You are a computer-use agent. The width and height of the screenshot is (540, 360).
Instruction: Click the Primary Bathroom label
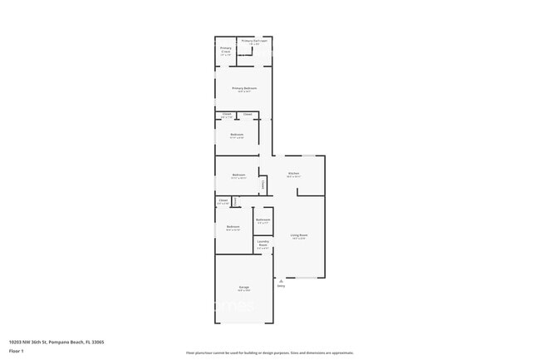tap(255, 40)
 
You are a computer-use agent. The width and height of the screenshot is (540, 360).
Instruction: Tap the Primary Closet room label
tap(226, 49)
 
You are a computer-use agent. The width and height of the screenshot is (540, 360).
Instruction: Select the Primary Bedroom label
tap(244, 88)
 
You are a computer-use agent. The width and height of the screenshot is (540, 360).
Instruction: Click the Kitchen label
tap(293, 173)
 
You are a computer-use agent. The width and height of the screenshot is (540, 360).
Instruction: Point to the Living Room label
tap(299, 235)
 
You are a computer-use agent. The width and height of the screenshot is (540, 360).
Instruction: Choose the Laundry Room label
tap(263, 243)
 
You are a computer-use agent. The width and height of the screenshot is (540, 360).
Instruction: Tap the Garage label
tap(243, 287)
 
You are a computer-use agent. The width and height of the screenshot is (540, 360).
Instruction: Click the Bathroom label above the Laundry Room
tap(263, 219)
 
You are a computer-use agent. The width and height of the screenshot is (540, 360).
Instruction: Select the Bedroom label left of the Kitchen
tap(238, 175)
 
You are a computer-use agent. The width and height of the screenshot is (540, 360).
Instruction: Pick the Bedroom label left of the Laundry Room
tap(233, 226)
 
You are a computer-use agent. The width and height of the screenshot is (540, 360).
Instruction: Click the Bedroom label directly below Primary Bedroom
tap(237, 134)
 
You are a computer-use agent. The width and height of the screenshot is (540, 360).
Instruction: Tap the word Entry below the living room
tap(281, 286)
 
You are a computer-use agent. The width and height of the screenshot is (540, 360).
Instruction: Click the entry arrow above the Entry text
tap(281, 280)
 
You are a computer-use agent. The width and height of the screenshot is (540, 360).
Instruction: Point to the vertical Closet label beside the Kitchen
tap(263, 184)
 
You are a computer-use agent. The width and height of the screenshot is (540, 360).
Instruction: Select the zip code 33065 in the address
tap(100, 342)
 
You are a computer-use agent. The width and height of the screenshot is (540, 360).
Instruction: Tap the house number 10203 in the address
tap(16, 342)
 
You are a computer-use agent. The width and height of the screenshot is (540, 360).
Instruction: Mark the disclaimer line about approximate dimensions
tap(270, 353)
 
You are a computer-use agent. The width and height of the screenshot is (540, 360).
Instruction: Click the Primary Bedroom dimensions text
tap(244, 91)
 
